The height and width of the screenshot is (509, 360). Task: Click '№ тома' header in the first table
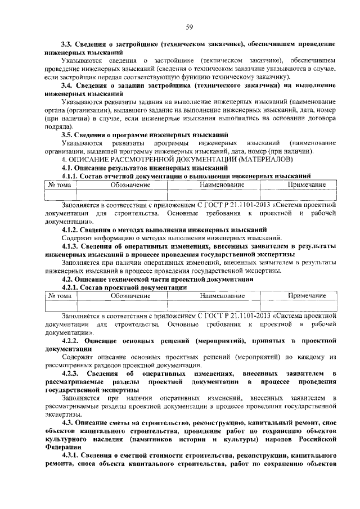(x=59, y=184)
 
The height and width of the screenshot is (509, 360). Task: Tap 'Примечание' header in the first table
(x=307, y=184)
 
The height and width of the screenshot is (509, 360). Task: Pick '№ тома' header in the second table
(x=59, y=295)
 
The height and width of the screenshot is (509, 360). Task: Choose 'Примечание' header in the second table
(x=307, y=295)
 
